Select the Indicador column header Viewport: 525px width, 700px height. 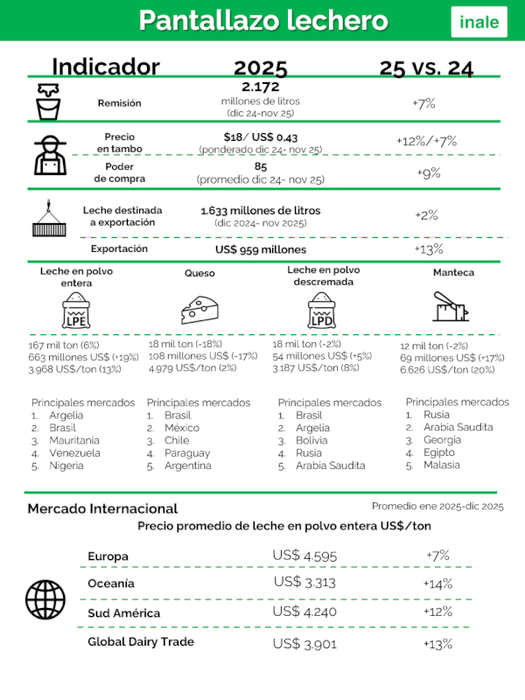(106, 67)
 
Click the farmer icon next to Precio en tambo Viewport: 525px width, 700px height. (51, 155)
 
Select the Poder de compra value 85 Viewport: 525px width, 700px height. (261, 166)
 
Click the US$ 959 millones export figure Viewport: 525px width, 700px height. (261, 249)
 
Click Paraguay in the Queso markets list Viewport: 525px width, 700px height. (187, 453)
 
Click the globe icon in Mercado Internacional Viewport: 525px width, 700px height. (45, 598)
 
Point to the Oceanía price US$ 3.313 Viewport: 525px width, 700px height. (304, 582)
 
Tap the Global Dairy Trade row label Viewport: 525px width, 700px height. (141, 641)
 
